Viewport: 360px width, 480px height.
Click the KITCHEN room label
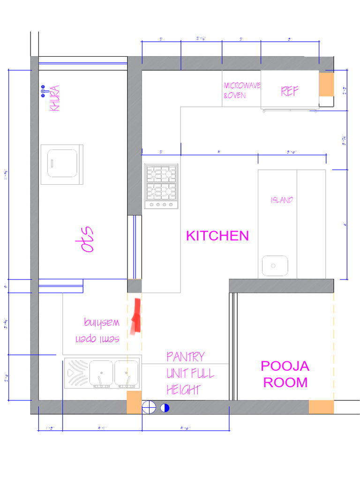[x=217, y=236]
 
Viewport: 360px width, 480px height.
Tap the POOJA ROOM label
[x=285, y=374]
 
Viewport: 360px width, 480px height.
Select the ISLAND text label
[x=282, y=200]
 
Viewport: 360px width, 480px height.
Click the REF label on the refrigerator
[x=290, y=91]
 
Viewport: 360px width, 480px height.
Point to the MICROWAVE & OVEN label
[x=242, y=90]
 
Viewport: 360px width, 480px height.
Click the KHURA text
[x=55, y=97]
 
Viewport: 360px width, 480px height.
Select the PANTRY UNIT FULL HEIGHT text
[x=190, y=373]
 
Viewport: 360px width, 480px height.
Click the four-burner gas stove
[x=161, y=186]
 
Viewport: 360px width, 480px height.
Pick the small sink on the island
[x=275, y=266]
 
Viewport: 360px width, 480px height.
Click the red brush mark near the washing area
[x=136, y=317]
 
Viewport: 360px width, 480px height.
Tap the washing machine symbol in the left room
[x=62, y=165]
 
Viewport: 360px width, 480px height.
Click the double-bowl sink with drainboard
[x=102, y=374]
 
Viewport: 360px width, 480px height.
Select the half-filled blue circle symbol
[x=165, y=408]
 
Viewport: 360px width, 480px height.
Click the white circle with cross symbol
[x=149, y=407]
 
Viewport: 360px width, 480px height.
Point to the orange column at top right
[x=326, y=84]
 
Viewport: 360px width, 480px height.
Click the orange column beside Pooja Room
[x=321, y=407]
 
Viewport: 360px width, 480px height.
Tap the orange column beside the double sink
[x=134, y=402]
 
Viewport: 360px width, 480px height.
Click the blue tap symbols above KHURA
[x=43, y=91]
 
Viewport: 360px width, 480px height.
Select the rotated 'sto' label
[x=88, y=240]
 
